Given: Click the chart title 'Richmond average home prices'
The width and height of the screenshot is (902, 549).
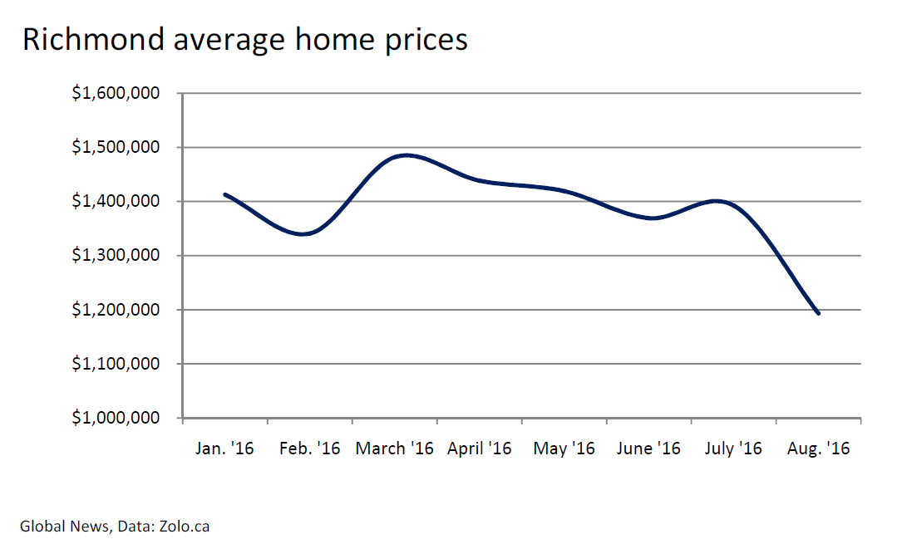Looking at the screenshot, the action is [245, 40].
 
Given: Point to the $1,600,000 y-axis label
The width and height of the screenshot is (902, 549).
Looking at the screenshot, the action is [116, 93].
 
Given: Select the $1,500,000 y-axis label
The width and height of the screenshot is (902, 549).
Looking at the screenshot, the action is [116, 147].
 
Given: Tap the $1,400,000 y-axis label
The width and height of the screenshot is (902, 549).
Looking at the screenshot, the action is [116, 201].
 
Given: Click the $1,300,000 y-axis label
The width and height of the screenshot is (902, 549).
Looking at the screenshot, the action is [116, 255].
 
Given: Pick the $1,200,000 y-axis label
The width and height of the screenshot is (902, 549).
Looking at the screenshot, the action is [116, 310].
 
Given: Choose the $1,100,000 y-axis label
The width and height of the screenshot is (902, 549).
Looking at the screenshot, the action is [116, 364].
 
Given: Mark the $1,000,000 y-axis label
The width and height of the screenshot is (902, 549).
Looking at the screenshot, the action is [116, 418].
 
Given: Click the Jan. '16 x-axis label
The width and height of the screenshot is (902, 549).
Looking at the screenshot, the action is [224, 449].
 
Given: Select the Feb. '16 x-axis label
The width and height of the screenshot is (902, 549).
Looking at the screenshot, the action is [309, 449].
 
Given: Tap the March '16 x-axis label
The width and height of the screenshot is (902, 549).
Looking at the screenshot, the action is [394, 449].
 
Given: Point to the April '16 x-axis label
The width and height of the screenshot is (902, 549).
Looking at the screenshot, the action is [479, 449].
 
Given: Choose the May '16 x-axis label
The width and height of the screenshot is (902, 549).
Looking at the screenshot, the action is [564, 449].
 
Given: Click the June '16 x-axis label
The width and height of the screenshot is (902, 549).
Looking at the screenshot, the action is [648, 449].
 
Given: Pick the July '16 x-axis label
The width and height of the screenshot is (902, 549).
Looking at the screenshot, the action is [733, 449].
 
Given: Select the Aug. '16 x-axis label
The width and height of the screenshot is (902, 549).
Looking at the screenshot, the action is [818, 449].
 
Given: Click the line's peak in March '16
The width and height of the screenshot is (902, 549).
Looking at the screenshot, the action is [407, 155].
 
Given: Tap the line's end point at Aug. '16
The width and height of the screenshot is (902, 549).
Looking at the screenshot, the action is [818, 313].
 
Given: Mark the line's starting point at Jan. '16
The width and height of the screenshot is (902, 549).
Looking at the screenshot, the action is [225, 194].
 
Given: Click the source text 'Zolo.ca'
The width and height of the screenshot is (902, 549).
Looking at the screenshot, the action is [184, 527].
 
